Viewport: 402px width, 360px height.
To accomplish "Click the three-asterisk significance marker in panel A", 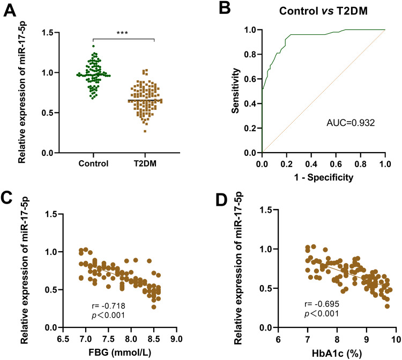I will (x=123, y=33).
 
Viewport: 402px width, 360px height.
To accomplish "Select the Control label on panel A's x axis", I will (x=93, y=163).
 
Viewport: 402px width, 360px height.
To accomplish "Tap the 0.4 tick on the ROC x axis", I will (x=311, y=163).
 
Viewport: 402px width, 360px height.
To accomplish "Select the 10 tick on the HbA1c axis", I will (x=395, y=338).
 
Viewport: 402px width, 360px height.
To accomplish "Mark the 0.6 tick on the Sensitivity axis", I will (x=251, y=79).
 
